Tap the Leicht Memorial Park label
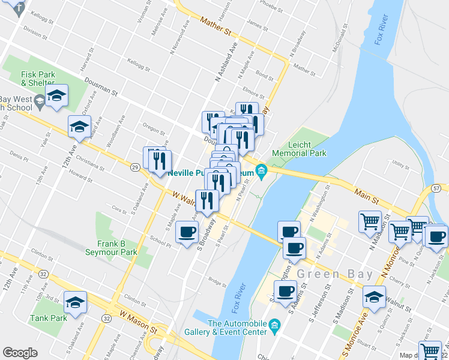coord(299,149)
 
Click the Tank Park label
coord(50,318)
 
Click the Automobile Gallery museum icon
coord(275,327)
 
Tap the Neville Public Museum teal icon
coord(261,172)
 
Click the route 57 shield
coord(436,188)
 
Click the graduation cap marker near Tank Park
coord(75,302)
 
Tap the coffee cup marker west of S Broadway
coord(187,231)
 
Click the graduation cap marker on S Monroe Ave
coord(375,297)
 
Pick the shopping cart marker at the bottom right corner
coord(429,350)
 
